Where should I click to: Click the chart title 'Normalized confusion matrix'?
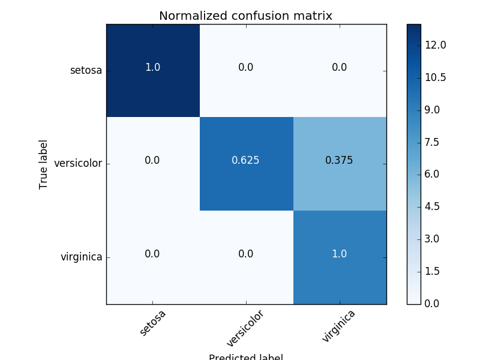pyautogui.click(x=245, y=16)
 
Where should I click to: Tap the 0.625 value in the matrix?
pyautogui.click(x=245, y=160)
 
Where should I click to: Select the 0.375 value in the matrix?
pyautogui.click(x=339, y=160)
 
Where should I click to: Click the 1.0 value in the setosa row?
pyautogui.click(x=152, y=67)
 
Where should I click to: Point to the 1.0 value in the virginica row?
pyautogui.click(x=339, y=254)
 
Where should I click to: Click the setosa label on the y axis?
pyautogui.click(x=86, y=70)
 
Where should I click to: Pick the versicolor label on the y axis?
pyautogui.click(x=78, y=163)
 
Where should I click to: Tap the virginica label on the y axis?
pyautogui.click(x=81, y=257)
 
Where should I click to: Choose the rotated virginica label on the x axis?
pyautogui.click(x=338, y=326)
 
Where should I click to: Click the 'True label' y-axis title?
pyautogui.click(x=44, y=164)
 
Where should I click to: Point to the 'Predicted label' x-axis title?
pyautogui.click(x=245, y=356)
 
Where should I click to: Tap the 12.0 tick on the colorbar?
pyautogui.click(x=435, y=45)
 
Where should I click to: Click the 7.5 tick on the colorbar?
pyautogui.click(x=431, y=142)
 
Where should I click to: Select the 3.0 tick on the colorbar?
pyautogui.click(x=431, y=239)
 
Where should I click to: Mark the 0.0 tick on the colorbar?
pyautogui.click(x=431, y=304)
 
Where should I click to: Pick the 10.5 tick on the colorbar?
pyautogui.click(x=435, y=77)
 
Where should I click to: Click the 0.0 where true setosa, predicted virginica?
pyautogui.click(x=339, y=67)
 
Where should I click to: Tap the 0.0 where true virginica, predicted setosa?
pyautogui.click(x=152, y=254)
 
